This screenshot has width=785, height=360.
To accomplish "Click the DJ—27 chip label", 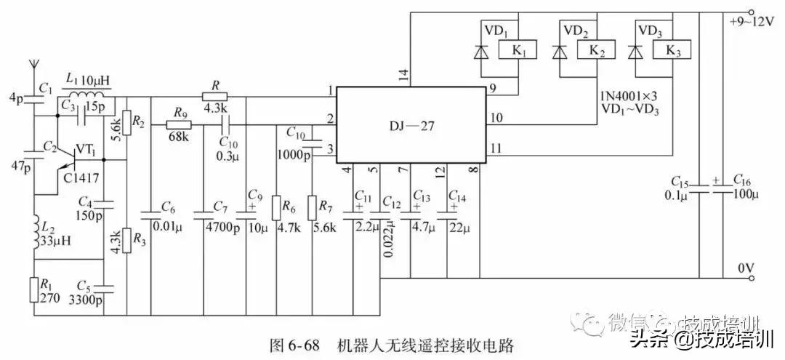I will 411,124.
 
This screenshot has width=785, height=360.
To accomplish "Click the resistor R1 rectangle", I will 34,289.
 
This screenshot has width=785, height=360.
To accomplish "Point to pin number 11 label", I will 496,149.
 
